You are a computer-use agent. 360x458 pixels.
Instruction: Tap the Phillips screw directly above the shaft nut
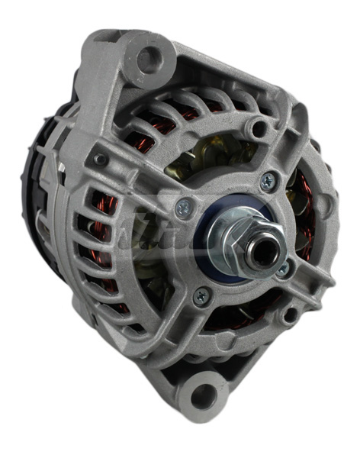[x=268, y=181]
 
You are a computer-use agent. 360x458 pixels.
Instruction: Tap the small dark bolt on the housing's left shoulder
[x=98, y=160]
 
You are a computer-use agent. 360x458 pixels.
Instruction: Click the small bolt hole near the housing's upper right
[x=260, y=127]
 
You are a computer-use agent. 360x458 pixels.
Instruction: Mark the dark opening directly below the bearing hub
[x=229, y=321]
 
